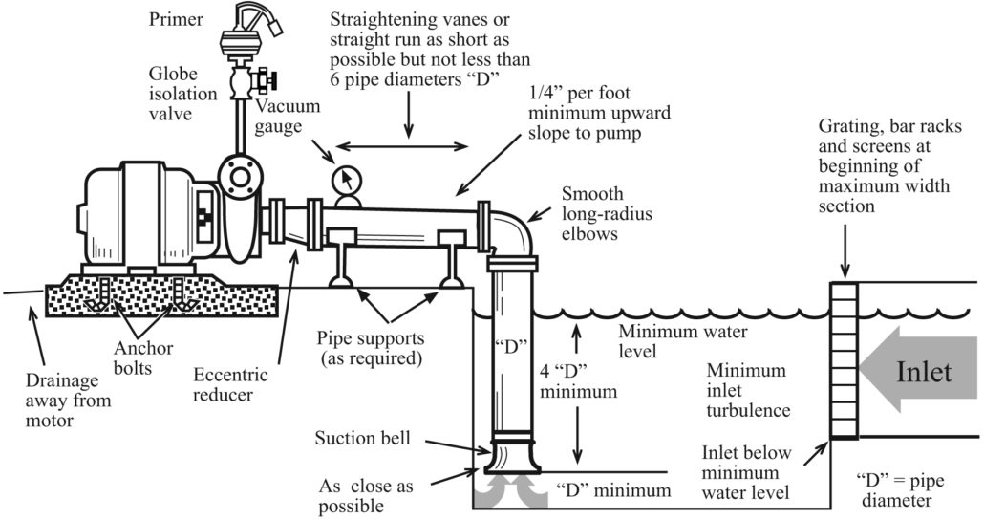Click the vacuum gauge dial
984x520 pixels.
pos(346,179)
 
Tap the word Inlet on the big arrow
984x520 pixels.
pos(923,371)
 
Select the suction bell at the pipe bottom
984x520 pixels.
pos(513,452)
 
